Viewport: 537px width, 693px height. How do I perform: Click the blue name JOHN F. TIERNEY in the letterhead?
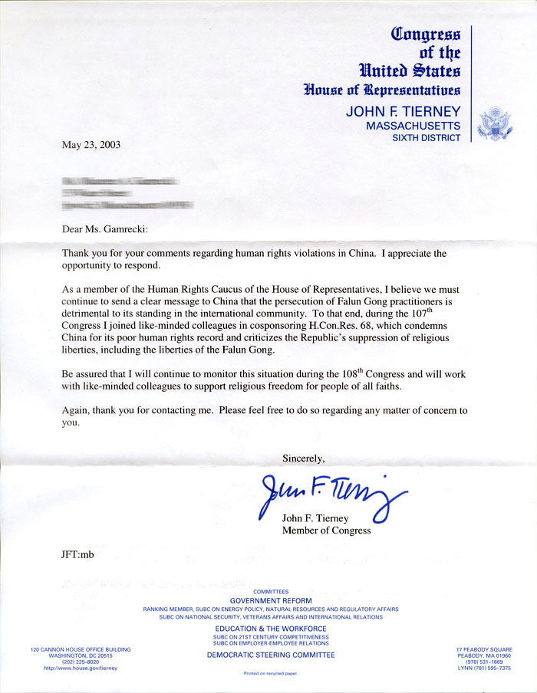pyautogui.click(x=404, y=110)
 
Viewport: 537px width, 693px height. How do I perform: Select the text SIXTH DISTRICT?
pyautogui.click(x=427, y=138)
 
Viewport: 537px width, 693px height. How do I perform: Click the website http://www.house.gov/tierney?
pyautogui.click(x=80, y=668)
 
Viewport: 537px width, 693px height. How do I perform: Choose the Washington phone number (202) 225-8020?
pyautogui.click(x=80, y=662)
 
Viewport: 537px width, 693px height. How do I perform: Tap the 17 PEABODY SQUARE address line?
pyautogui.click(x=483, y=650)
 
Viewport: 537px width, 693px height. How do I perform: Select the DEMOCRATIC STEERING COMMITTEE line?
pyautogui.click(x=271, y=655)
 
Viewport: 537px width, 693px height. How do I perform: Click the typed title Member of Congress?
pyautogui.click(x=327, y=530)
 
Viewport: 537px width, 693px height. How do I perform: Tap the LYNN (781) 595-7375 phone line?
pyautogui.click(x=483, y=668)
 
